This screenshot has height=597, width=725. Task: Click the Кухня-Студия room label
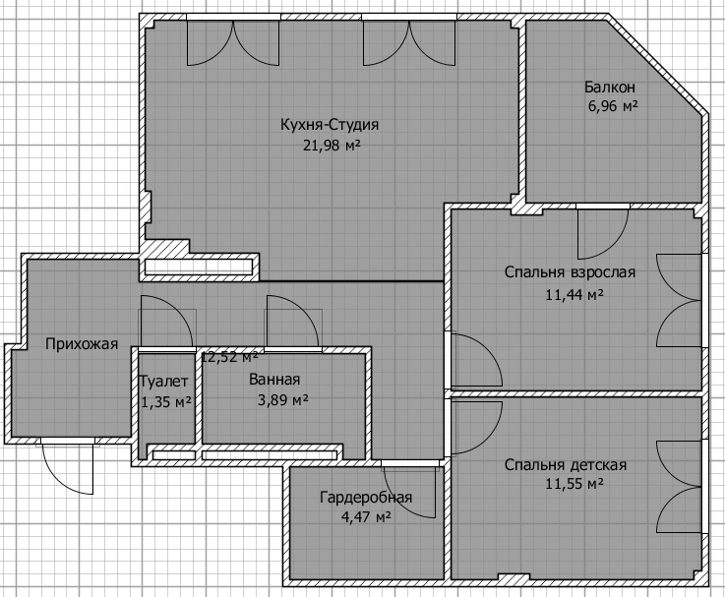pyautogui.click(x=330, y=125)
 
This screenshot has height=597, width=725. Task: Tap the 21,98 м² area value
pyautogui.click(x=332, y=146)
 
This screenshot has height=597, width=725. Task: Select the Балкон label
pyautogui.click(x=610, y=87)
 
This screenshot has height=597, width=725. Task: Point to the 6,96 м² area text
pyautogui.click(x=613, y=106)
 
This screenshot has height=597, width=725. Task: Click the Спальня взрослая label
pyautogui.click(x=570, y=271)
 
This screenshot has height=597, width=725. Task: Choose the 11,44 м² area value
pyautogui.click(x=574, y=294)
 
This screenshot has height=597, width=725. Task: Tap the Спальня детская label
pyautogui.click(x=566, y=465)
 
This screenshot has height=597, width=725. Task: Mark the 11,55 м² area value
pyautogui.click(x=574, y=484)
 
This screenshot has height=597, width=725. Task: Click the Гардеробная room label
pyautogui.click(x=366, y=498)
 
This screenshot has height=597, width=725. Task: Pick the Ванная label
pyautogui.click(x=274, y=380)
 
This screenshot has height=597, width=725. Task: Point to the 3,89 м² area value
pyautogui.click(x=283, y=399)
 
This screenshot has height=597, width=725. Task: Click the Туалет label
pyautogui.click(x=163, y=382)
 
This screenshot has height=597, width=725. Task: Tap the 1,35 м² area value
pyautogui.click(x=166, y=402)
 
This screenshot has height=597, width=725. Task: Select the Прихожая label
pyautogui.click(x=82, y=344)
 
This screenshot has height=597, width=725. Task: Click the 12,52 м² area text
pyautogui.click(x=229, y=357)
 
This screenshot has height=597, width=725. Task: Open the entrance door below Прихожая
pyautogui.click(x=69, y=466)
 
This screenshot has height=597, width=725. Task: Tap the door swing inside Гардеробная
pyautogui.click(x=409, y=490)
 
